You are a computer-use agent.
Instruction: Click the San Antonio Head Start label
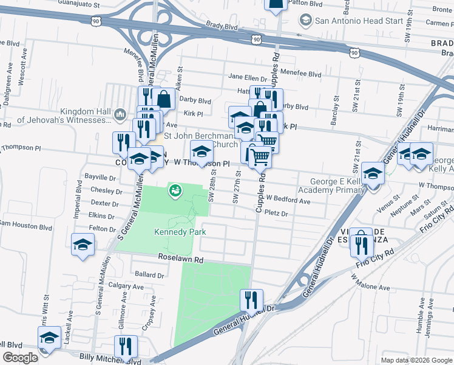pos(359,20)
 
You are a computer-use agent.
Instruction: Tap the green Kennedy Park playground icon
pos(175,190)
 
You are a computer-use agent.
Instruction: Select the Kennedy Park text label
pos(180,232)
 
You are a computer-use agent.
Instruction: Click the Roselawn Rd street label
pos(181,259)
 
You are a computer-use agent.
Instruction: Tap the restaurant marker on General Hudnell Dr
pos(251,300)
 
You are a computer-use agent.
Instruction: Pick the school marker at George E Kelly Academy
pos(373,172)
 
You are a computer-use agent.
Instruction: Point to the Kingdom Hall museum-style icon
pos(120,114)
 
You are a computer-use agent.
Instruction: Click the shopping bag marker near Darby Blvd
pos(164,98)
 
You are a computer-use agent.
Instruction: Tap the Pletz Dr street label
pos(276,214)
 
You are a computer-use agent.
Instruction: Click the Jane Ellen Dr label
pos(248,78)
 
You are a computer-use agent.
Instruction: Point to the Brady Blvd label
pos(222,27)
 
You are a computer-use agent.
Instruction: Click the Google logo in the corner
pos(21,358)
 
